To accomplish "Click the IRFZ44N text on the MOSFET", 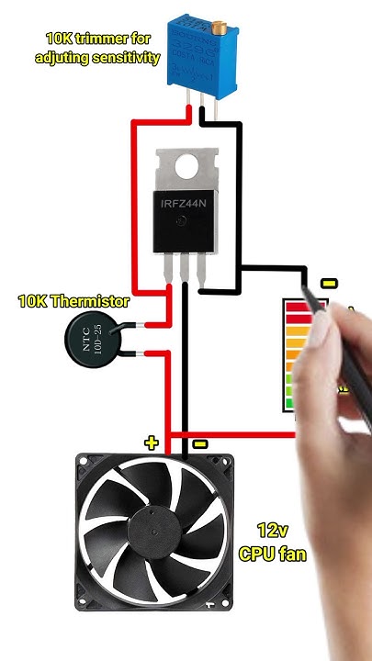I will tap(187, 203).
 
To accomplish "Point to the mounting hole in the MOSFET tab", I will tap(187, 166).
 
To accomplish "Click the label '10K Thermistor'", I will tap(73, 301).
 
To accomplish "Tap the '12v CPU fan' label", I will tap(272, 542).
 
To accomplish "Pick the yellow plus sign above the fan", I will tap(152, 443).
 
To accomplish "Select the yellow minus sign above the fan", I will tap(200, 444).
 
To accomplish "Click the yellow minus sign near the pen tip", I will tap(329, 283).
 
